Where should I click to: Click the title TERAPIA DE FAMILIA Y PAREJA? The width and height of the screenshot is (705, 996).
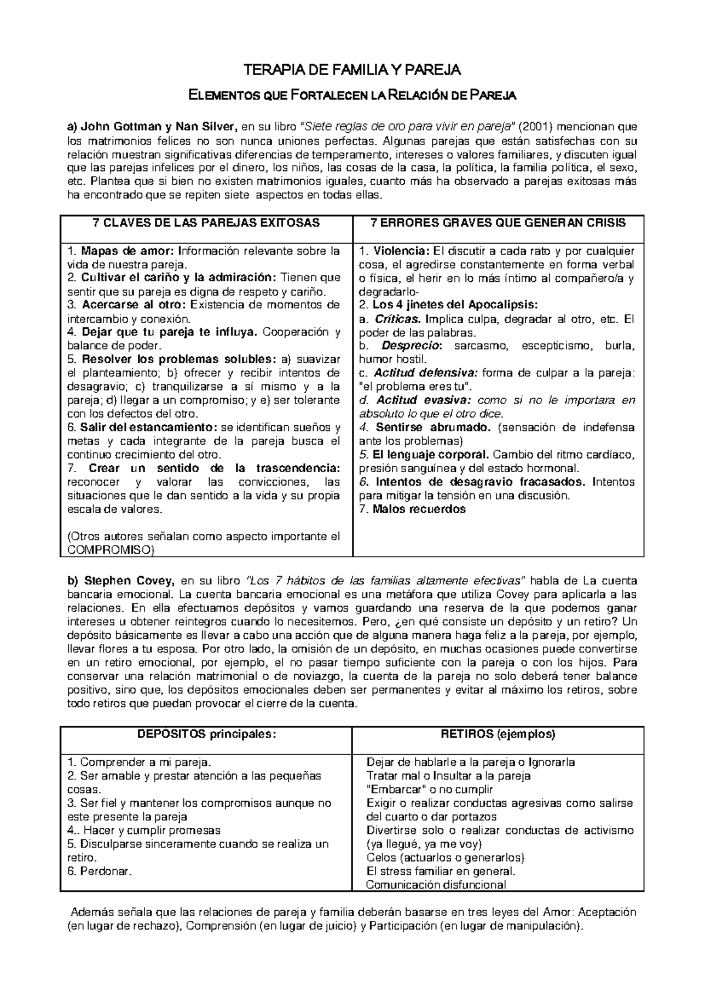[352, 71]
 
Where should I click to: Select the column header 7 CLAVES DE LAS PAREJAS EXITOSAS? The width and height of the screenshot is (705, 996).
[207, 223]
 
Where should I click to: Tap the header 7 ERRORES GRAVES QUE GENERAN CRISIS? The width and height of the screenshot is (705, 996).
[498, 223]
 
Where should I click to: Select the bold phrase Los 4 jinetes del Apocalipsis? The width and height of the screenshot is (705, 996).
[455, 305]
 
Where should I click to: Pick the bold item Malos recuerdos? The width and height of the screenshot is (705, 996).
[419, 509]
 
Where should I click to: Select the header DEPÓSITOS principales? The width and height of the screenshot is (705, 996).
[207, 734]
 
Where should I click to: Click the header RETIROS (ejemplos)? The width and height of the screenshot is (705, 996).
[498, 734]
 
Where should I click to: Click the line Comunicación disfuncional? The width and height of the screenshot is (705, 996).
[435, 885]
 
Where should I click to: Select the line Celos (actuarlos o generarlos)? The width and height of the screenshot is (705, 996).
[445, 858]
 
